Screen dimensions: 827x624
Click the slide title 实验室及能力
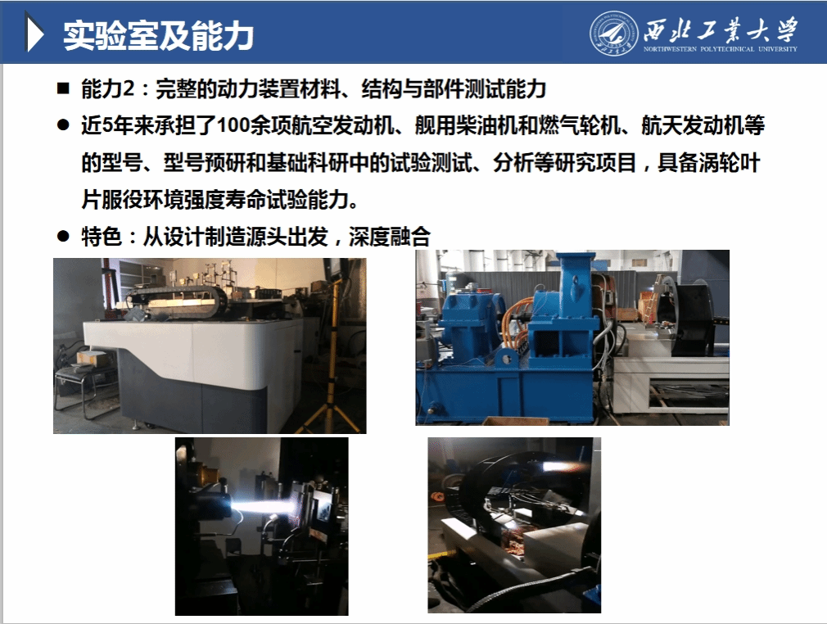coord(158,36)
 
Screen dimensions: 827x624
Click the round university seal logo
coord(614,33)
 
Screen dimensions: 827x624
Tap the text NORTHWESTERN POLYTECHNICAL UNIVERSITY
coord(720,49)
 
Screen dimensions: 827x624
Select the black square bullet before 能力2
coord(63,88)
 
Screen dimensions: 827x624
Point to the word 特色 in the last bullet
coord(102,237)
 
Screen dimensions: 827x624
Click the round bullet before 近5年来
coord(63,125)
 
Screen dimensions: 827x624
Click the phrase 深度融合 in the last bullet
coord(389,237)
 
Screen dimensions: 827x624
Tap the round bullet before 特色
coord(63,237)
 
